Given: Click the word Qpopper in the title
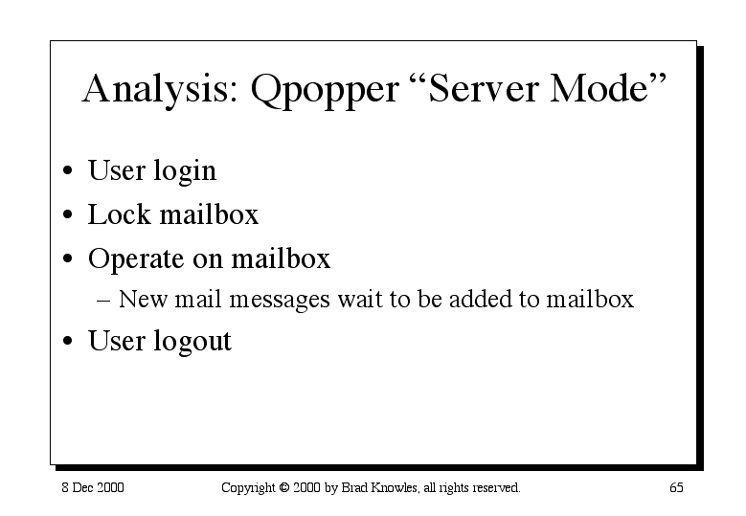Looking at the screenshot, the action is (x=325, y=91).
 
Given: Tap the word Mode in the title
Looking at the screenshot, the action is (x=599, y=88).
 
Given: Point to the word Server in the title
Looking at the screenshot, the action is (x=483, y=88).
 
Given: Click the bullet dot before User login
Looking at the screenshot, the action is (x=68, y=170).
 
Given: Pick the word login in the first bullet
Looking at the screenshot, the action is (x=185, y=172).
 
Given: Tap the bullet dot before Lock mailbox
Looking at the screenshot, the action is (x=68, y=214).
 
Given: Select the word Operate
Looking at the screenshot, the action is (x=136, y=260).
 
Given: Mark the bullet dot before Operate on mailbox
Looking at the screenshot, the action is (x=68, y=258).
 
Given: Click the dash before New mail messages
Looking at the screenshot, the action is (x=103, y=301).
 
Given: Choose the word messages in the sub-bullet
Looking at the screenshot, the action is (x=280, y=301).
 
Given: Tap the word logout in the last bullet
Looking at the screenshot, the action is (x=192, y=342).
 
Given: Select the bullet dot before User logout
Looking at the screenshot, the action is (x=68, y=341).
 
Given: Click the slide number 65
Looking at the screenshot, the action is (x=676, y=487).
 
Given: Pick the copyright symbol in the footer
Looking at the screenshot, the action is (x=284, y=487).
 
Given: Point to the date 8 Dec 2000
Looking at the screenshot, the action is (x=93, y=487).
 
